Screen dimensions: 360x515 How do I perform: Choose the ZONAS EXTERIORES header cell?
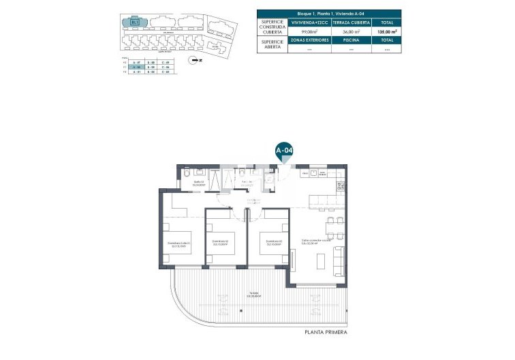(x=310, y=40)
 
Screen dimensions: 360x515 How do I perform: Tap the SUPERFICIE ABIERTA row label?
(x=272, y=44)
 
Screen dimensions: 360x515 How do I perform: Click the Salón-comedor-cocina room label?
(x=317, y=241)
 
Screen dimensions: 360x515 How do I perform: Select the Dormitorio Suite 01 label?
(x=178, y=244)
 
